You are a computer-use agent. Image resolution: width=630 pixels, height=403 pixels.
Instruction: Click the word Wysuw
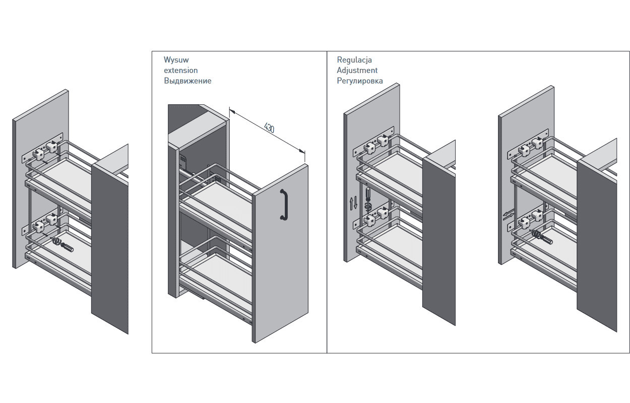point(176,60)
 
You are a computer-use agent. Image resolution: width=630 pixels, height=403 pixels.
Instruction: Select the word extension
point(180,71)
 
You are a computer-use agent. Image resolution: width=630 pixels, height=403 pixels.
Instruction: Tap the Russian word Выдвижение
point(187,81)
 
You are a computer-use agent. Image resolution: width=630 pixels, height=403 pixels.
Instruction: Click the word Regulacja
point(354,60)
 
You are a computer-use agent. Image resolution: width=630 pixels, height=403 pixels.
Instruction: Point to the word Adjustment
point(357,71)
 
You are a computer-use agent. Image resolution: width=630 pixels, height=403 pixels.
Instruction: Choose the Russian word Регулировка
point(359,81)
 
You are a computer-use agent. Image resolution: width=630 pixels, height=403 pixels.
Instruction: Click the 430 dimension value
point(269,128)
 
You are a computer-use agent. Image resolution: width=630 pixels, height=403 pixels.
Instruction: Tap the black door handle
point(284,205)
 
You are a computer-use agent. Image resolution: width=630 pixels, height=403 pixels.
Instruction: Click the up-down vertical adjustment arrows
point(353,204)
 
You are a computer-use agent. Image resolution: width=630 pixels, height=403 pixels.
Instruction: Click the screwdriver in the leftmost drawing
point(64,245)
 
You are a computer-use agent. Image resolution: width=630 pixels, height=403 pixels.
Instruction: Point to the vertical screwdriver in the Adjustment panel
point(368,197)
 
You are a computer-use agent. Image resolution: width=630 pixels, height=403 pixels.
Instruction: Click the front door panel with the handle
point(280,252)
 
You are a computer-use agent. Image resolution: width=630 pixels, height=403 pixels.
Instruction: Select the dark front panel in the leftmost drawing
point(110,242)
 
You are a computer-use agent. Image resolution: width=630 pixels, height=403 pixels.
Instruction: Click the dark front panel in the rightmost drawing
point(597,242)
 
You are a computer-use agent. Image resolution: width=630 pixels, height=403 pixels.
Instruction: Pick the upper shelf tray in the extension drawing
point(222,201)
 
